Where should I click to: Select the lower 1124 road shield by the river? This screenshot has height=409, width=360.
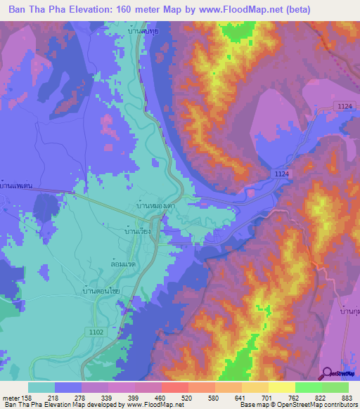pos(281,174)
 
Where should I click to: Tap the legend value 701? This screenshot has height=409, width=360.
pos(268,398)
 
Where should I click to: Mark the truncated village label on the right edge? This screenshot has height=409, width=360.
pos(349,310)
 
